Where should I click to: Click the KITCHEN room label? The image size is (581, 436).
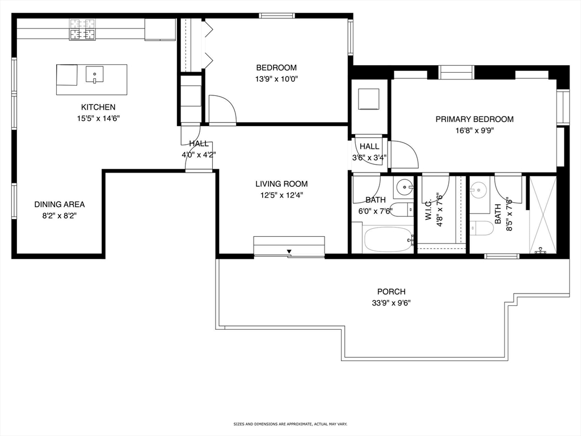pos(98,107)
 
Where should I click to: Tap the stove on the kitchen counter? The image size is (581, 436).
pos(82,30)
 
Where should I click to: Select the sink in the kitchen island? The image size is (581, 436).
pos(95,74)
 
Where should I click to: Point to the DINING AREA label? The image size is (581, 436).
pos(60,204)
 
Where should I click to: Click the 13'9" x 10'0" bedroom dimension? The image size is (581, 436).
pos(276,79)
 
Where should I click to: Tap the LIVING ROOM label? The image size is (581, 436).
pos(281,184)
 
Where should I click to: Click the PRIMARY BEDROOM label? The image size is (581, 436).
pos(475,119)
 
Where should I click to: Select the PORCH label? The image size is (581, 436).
pos(391,292)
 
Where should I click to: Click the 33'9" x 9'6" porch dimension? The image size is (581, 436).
pos(391,303)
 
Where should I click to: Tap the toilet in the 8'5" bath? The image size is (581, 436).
pos(482,228)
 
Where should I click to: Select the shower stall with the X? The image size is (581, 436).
pos(543,215)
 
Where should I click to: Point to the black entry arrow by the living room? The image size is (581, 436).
pos(289,252)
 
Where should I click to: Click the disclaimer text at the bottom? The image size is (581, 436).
pos(290,424)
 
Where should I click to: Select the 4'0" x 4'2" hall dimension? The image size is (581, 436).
pos(199,155)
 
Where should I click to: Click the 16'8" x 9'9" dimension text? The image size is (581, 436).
pos(475,131)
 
